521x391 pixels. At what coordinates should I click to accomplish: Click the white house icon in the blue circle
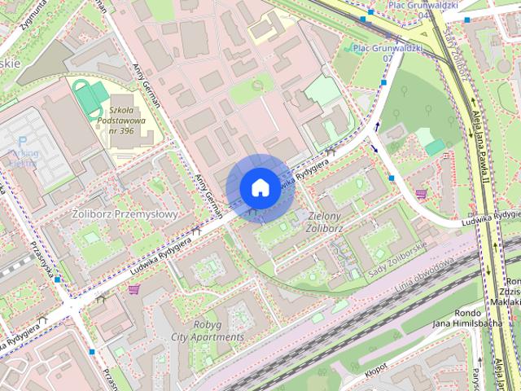click(x=259, y=187)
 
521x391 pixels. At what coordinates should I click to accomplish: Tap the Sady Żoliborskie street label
click(x=398, y=258)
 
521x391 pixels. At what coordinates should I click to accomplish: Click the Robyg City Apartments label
click(x=207, y=330)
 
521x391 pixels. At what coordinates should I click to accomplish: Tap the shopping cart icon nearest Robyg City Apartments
click(x=134, y=289)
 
